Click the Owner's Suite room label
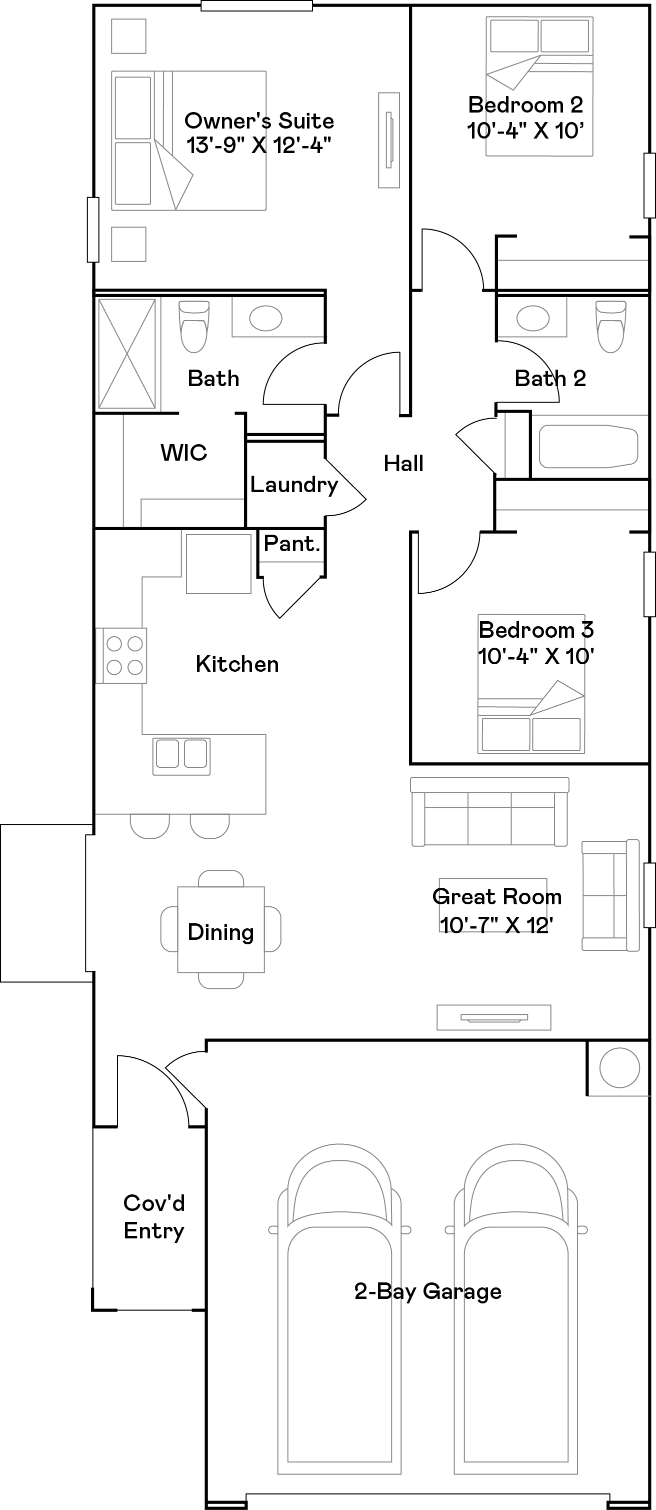(x=258, y=121)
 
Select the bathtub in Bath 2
(x=587, y=446)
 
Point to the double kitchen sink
(x=181, y=756)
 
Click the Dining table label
(x=220, y=931)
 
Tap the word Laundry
(x=293, y=484)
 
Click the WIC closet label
(x=183, y=453)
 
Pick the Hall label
(x=403, y=463)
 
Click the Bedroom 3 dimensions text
(x=536, y=656)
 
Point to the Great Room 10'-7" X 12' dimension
(x=496, y=925)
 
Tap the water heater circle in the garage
(x=619, y=1067)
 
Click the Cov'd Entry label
(x=153, y=1216)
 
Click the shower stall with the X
(x=126, y=354)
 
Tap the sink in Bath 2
(x=532, y=318)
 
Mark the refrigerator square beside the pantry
(x=218, y=563)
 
